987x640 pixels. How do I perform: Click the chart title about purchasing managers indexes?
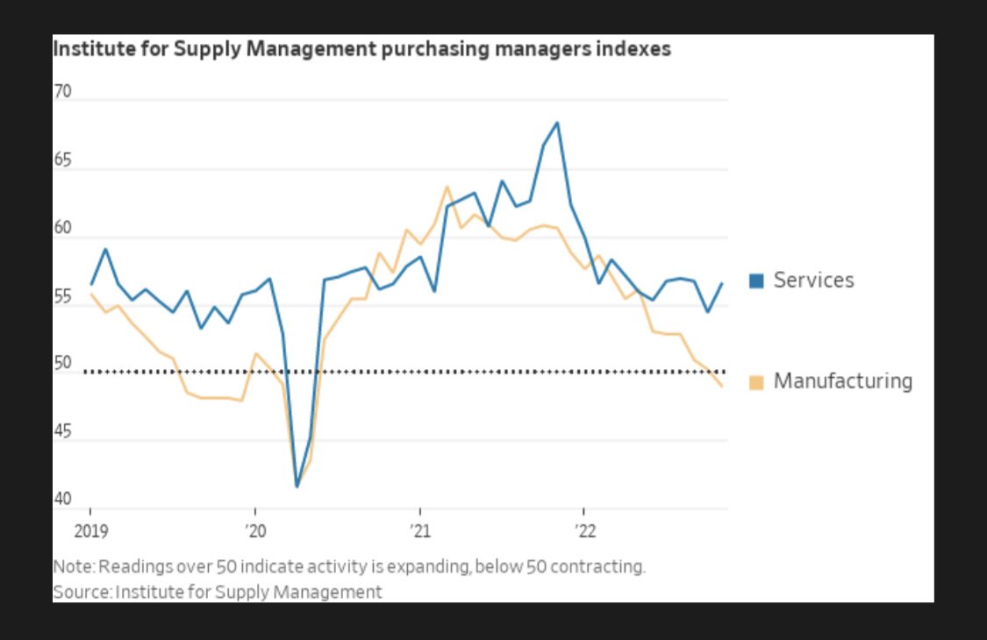click(x=361, y=49)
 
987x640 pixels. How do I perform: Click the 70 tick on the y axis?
click(x=62, y=91)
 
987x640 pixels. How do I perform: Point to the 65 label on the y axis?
click(x=62, y=160)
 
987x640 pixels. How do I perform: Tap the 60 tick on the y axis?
click(x=62, y=229)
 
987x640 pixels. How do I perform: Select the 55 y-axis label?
click(x=62, y=296)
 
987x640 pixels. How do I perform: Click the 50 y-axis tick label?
click(x=62, y=364)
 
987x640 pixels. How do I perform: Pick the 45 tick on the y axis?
click(x=62, y=431)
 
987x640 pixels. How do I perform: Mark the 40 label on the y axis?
click(x=62, y=499)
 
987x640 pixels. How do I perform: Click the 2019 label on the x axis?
click(x=89, y=530)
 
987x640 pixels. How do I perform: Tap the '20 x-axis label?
click(x=254, y=530)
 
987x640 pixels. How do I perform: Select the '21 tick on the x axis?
click(x=419, y=530)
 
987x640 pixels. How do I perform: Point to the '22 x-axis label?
click(x=584, y=530)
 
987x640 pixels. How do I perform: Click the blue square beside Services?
click(x=756, y=281)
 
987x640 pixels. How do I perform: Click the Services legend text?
click(x=813, y=281)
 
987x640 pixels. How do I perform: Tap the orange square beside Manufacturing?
click(x=756, y=382)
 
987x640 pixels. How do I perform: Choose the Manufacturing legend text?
click(x=842, y=382)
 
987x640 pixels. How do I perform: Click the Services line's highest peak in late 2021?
click(x=557, y=123)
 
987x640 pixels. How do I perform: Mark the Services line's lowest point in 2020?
click(x=297, y=486)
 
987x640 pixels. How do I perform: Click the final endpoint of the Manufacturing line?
click(x=722, y=386)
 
